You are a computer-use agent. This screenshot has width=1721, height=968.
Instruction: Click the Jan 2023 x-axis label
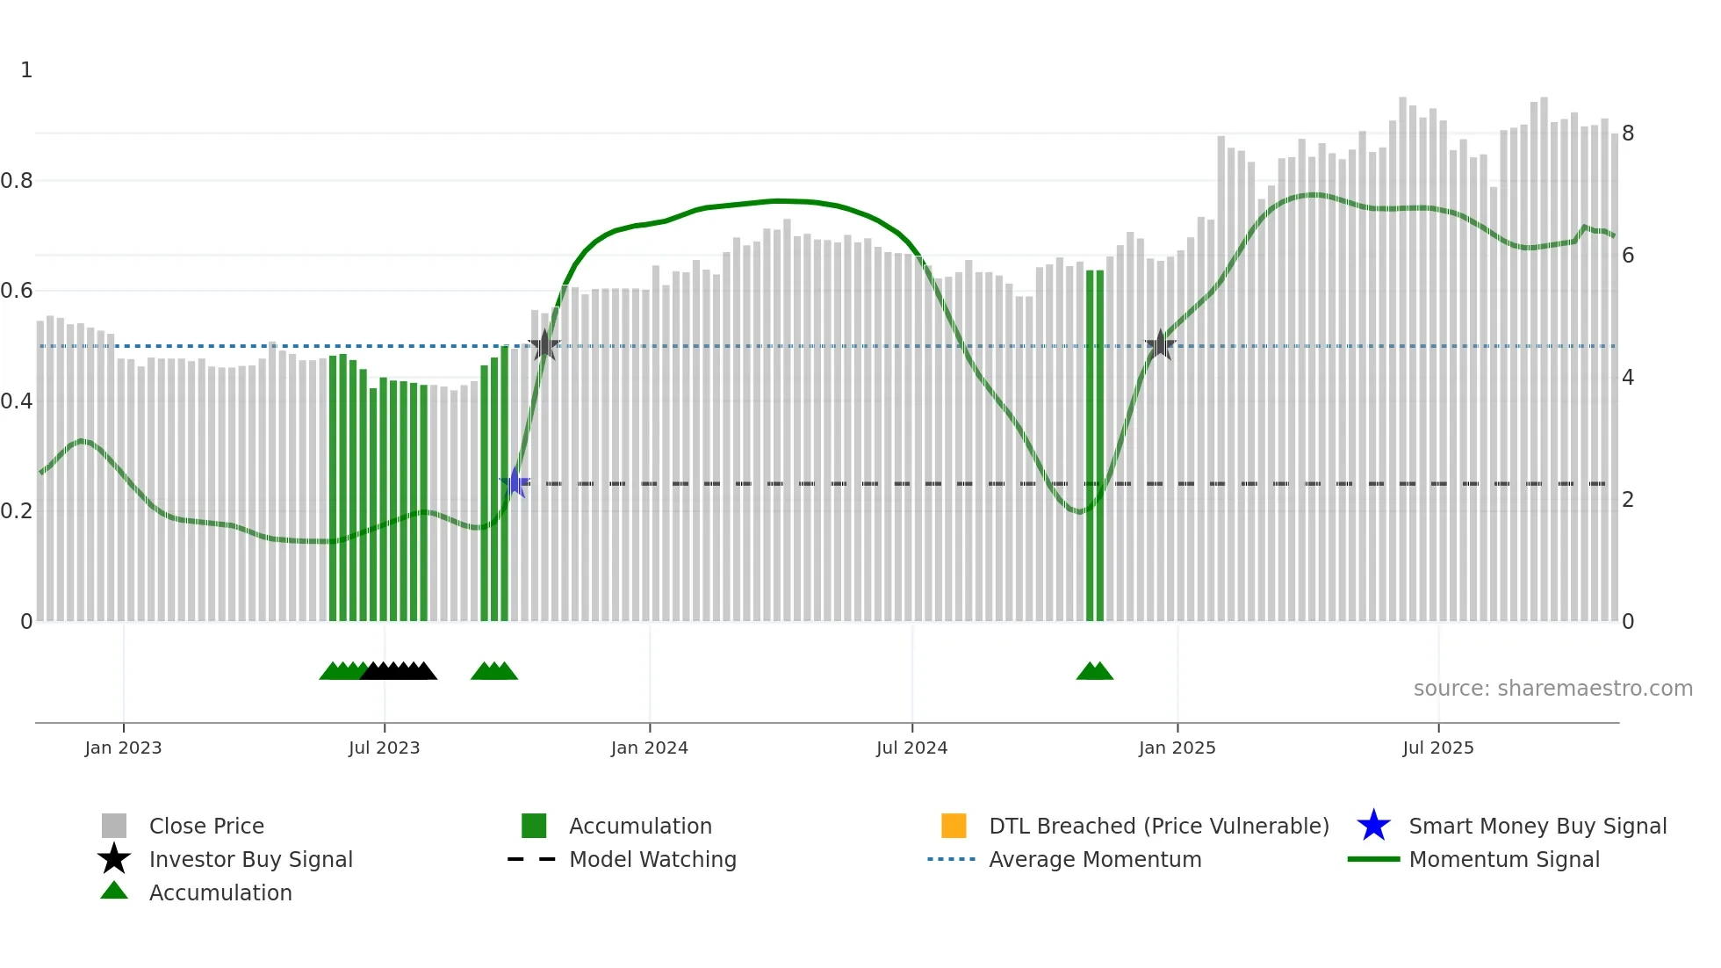click(x=123, y=748)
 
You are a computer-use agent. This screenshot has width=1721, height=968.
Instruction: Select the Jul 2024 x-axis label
click(x=911, y=748)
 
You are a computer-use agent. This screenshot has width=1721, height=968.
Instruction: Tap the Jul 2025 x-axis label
click(x=1437, y=748)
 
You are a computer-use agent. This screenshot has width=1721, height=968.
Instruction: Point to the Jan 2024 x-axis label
click(x=649, y=748)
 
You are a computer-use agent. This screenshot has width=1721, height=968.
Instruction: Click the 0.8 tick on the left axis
click(x=17, y=181)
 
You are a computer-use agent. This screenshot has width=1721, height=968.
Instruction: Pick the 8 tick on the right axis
click(x=1628, y=134)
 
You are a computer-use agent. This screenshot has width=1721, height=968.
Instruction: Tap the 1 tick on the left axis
click(x=26, y=70)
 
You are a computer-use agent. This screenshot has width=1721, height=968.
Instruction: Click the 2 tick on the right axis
click(x=1628, y=500)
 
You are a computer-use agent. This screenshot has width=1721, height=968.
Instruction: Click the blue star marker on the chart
click(x=515, y=482)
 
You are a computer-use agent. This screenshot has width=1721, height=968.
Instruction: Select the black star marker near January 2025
click(x=1160, y=345)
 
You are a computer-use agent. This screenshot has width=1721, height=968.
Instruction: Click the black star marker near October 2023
click(x=544, y=345)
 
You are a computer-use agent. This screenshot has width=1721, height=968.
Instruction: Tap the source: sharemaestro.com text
click(x=1552, y=689)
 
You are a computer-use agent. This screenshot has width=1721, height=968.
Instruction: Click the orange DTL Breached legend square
click(x=954, y=826)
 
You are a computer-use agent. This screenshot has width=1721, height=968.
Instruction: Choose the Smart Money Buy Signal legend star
click(x=1373, y=826)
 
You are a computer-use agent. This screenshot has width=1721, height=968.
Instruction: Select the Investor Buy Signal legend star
click(x=114, y=859)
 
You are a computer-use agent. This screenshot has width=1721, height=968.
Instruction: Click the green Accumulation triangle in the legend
click(x=114, y=891)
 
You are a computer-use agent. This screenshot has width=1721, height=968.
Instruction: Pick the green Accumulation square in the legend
click(x=534, y=826)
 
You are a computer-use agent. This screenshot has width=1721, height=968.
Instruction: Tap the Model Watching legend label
click(x=652, y=859)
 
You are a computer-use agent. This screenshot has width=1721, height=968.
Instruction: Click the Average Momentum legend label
click(x=1095, y=859)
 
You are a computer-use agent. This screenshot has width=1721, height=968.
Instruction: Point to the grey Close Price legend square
click(x=114, y=826)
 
